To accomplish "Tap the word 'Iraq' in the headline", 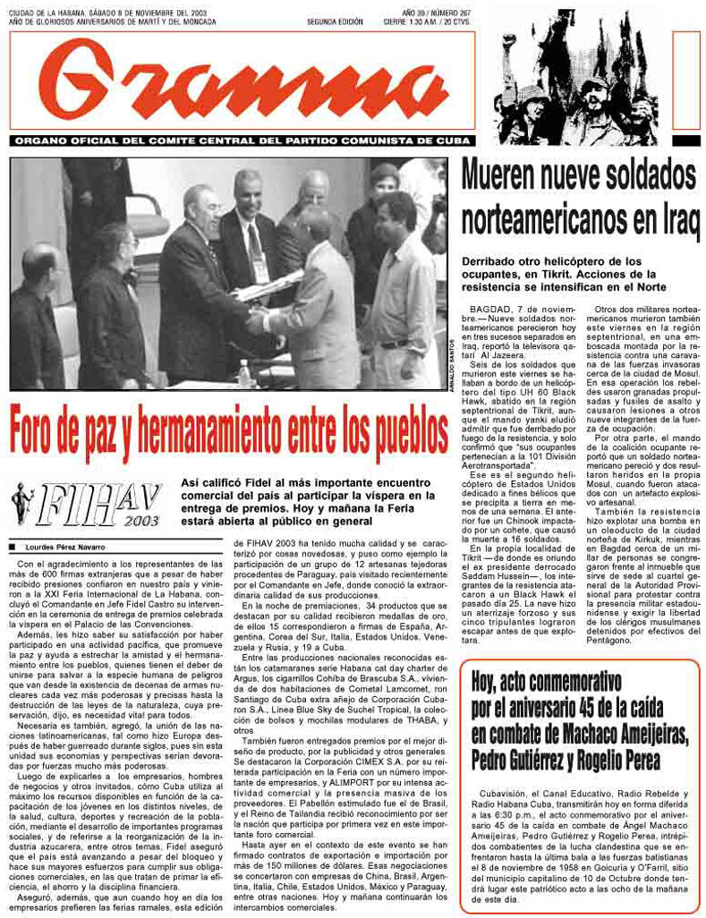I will (x=660, y=219).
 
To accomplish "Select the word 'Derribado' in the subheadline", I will (x=493, y=260).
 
